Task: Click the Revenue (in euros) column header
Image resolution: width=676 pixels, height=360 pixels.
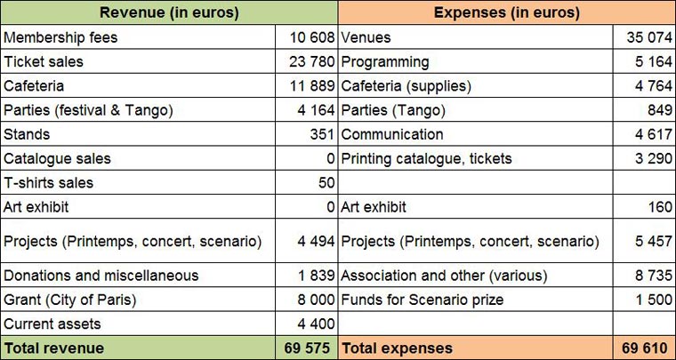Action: click(x=169, y=12)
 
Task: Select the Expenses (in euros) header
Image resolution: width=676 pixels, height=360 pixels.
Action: click(x=506, y=12)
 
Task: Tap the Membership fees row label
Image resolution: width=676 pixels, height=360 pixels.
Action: click(x=60, y=37)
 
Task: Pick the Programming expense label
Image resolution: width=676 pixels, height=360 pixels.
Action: click(x=384, y=62)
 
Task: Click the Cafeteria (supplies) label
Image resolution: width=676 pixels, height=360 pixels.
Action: click(x=406, y=86)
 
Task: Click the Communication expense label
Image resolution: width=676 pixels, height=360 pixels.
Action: click(x=391, y=135)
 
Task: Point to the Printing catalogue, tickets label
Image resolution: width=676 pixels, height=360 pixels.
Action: click(x=426, y=159)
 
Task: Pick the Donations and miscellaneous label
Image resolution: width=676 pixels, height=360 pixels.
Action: click(x=101, y=276)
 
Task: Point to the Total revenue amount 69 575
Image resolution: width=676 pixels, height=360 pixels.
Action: click(x=311, y=348)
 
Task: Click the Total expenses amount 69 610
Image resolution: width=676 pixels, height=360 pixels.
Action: click(x=648, y=348)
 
